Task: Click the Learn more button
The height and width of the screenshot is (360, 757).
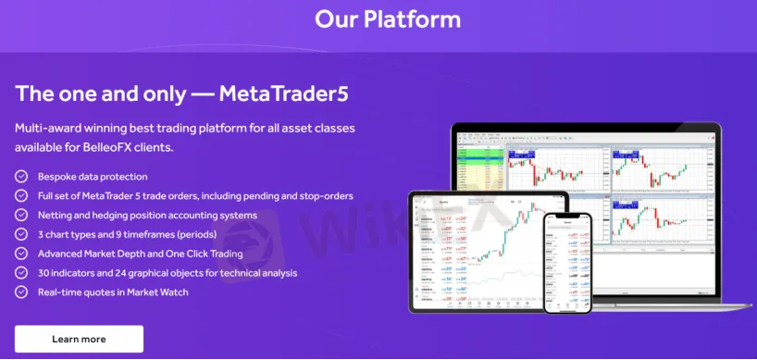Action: [79, 339]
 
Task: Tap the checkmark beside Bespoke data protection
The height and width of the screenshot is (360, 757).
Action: [21, 176]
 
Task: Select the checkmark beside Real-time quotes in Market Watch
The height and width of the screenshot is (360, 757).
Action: [21, 292]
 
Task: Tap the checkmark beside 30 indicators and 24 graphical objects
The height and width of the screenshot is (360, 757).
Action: [21, 273]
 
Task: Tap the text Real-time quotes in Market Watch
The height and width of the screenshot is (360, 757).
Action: [115, 292]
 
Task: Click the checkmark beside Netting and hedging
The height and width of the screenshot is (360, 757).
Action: [21, 215]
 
